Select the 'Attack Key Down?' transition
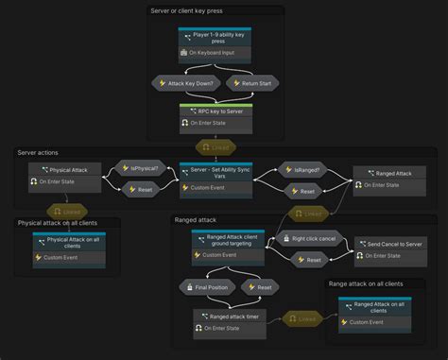tap(187, 83)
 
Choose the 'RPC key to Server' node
tap(215, 116)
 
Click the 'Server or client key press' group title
tap(186, 10)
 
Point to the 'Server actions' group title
tap(39, 152)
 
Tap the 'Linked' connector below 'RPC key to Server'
tap(214, 147)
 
